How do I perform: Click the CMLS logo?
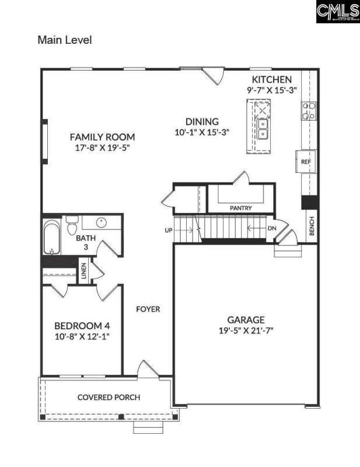pos(337,12)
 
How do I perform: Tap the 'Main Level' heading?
pos(65,40)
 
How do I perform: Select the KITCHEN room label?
pos(271,79)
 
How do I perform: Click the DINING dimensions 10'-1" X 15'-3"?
pos(202,133)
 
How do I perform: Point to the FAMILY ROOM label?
pos(102,137)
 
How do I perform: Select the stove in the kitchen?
pos(309,110)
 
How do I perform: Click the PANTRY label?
pos(240,207)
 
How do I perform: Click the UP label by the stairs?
pos(169,230)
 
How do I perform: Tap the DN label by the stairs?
pos(272,228)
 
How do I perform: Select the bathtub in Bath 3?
pos(52,237)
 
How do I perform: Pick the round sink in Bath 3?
pos(100,222)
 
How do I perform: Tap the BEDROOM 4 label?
pos(82,326)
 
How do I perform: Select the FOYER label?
pos(148,309)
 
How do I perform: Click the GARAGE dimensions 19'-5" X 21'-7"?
pos(246,330)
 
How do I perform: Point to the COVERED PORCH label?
pos(109,398)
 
